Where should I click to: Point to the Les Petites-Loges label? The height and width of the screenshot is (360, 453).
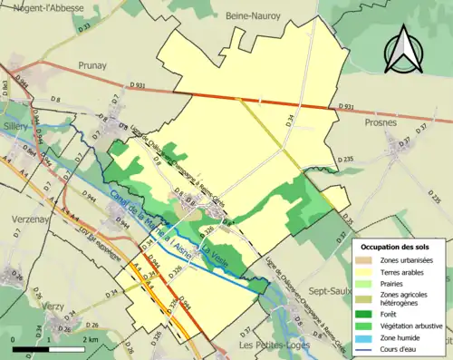[x=273, y=345]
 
